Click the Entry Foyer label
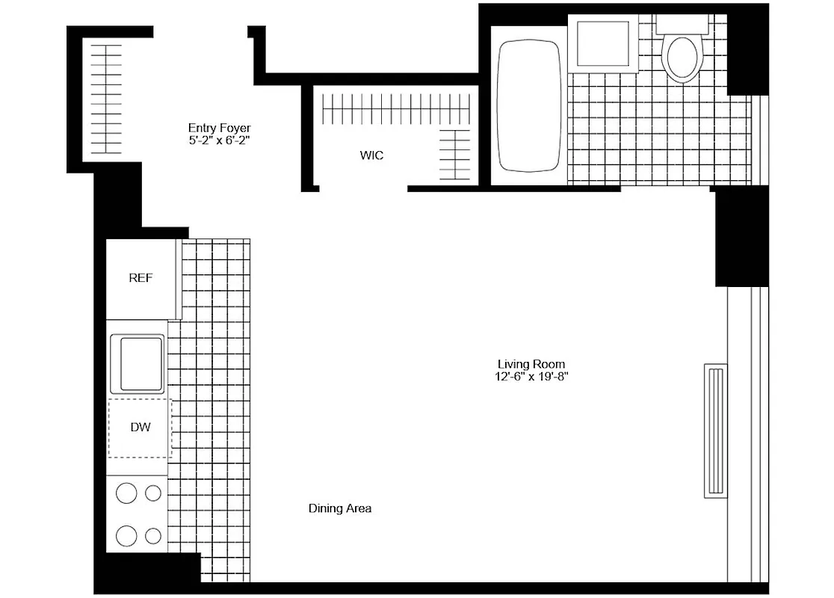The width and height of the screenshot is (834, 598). coord(219,128)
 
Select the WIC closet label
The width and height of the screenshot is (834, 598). coord(371,155)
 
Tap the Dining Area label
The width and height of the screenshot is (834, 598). coord(340,508)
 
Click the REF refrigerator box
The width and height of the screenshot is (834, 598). coord(140,278)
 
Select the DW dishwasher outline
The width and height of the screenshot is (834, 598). coord(140,428)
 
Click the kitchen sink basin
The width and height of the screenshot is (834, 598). coord(137,363)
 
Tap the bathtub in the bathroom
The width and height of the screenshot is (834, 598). coord(529,105)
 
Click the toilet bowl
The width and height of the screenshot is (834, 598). coord(681,58)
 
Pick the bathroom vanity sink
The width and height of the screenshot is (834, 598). coord(603,44)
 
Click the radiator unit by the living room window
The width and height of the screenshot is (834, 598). coord(715,431)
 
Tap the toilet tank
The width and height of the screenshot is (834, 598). coord(682,23)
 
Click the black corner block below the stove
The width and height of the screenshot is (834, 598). coord(147,573)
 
